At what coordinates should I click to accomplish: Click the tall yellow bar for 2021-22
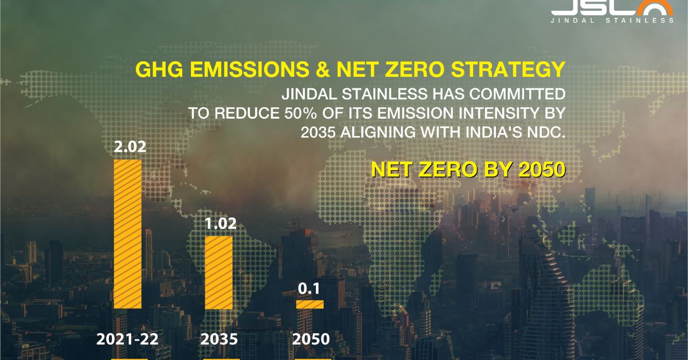128,234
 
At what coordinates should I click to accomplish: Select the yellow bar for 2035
218,272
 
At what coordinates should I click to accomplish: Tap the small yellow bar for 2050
310,304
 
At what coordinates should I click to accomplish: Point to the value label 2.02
130,147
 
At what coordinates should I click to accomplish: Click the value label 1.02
221,224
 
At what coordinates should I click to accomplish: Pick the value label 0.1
309,289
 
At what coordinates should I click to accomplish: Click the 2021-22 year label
127,339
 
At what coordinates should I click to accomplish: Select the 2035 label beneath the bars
219,339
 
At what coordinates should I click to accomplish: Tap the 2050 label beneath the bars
311,339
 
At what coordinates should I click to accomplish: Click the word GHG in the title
159,69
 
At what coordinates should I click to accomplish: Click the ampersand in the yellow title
322,69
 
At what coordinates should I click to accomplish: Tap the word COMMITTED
517,94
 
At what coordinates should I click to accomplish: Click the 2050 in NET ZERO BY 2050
542,169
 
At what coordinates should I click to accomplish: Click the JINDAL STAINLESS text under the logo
612,21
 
